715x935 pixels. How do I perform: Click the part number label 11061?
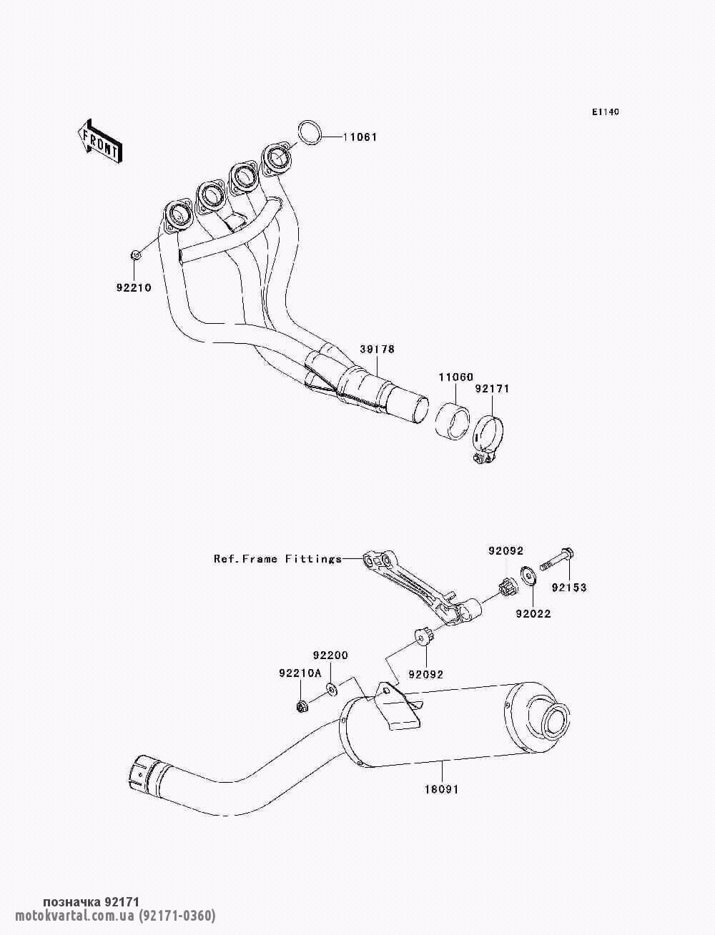357,137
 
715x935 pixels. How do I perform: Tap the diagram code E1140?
605,112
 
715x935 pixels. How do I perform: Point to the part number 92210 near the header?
134,288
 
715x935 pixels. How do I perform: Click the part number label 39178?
377,349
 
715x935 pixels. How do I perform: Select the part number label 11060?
456,377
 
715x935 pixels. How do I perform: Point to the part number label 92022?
533,613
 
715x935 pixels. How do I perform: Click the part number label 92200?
330,655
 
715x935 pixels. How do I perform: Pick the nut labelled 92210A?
302,707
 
